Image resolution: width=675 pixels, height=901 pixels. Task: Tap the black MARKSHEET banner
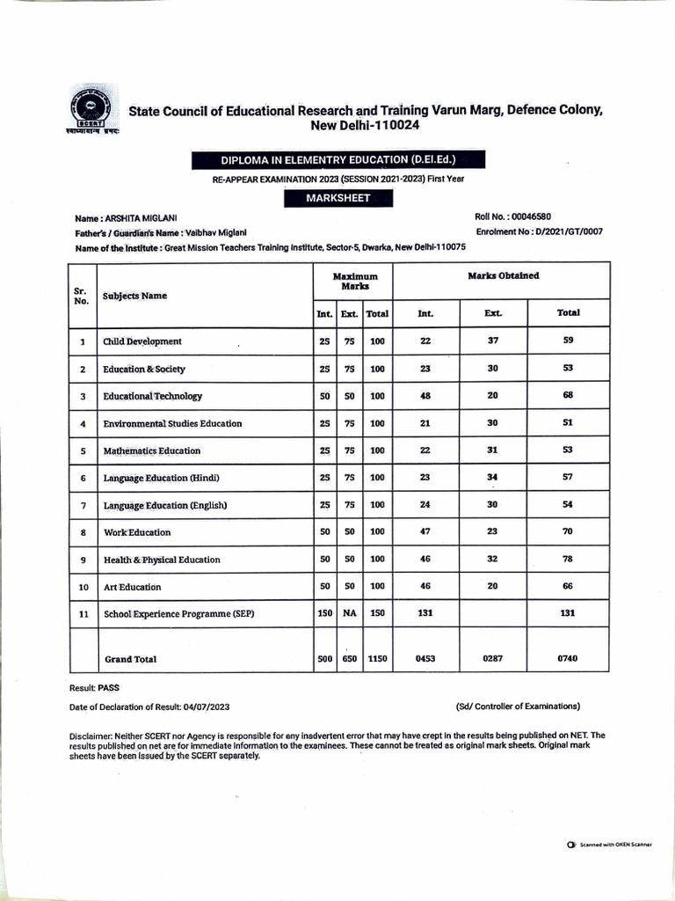point(337,198)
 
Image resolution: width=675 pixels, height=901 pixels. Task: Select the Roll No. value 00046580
point(531,216)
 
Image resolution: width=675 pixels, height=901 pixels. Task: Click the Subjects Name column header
point(134,296)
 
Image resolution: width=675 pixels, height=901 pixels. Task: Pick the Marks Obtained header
point(504,276)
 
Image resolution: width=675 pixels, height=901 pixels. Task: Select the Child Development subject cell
point(142,341)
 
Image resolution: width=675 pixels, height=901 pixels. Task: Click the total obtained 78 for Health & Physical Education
point(568,559)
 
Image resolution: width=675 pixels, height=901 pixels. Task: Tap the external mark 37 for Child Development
point(492,341)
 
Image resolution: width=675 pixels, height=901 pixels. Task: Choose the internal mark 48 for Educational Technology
point(425,396)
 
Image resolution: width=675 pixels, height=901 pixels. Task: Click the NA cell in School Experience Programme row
point(349,613)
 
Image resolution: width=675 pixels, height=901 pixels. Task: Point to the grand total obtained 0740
point(568,658)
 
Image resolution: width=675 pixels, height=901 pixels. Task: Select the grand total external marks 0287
point(492,658)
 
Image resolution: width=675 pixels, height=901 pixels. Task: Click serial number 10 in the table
point(82,587)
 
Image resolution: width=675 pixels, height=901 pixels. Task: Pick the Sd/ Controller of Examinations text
point(518,706)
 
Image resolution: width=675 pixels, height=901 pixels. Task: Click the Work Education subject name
point(137,532)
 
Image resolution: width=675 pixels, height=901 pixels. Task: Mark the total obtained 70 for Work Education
point(568,531)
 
